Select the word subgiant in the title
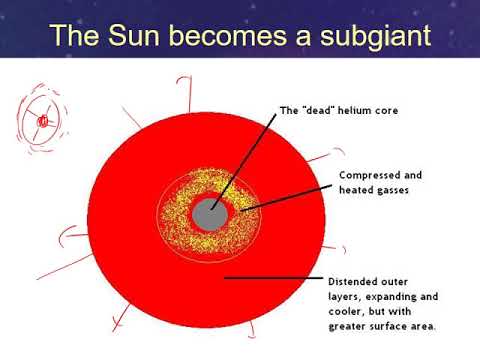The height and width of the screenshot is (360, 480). pyautogui.click(x=368, y=38)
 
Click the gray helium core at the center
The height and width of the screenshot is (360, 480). pyautogui.click(x=211, y=212)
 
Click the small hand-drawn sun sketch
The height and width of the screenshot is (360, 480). pyautogui.click(x=42, y=121)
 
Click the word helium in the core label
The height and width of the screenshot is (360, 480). pyautogui.click(x=357, y=110)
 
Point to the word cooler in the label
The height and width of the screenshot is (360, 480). pyautogui.click(x=345, y=310)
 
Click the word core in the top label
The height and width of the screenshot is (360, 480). pyautogui.click(x=387, y=110)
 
